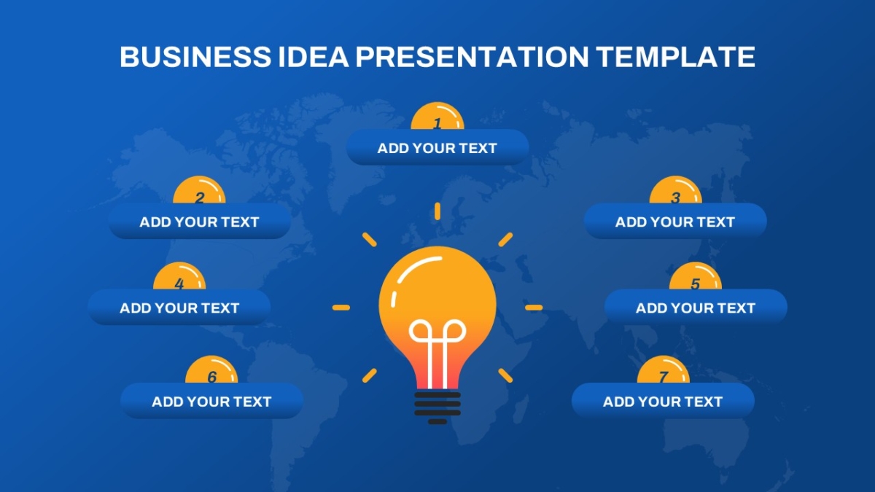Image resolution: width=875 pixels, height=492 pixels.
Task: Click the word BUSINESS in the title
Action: [x=195, y=57]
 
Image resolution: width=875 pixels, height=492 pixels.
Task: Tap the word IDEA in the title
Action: [x=314, y=57]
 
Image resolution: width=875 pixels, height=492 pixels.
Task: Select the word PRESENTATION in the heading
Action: [x=472, y=57]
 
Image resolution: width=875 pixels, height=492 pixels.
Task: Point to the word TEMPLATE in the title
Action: [x=675, y=57]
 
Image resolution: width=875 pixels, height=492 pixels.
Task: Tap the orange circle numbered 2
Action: [x=199, y=190]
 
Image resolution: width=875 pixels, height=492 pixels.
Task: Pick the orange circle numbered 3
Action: [x=675, y=190]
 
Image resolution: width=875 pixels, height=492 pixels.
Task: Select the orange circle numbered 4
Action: [x=179, y=276]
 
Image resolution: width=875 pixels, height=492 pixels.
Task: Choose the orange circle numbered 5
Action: [x=696, y=276]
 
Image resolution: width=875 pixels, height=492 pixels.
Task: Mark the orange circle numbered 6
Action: [x=211, y=370]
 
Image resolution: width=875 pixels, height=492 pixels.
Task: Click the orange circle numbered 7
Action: [x=663, y=370]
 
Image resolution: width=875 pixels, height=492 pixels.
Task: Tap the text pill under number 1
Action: [x=437, y=147]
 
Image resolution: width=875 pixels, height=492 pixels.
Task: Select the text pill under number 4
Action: [x=179, y=308]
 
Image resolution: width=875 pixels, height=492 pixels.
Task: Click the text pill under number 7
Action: [x=663, y=401]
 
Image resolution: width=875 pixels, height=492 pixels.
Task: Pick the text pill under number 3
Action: [x=675, y=222]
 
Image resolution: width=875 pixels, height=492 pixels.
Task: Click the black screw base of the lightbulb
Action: [x=437, y=407]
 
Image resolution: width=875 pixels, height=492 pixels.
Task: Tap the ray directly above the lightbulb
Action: [x=437, y=211]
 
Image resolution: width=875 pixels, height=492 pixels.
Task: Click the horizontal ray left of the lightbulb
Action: [x=341, y=308]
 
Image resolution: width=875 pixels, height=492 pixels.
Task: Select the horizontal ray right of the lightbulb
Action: [x=534, y=308]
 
